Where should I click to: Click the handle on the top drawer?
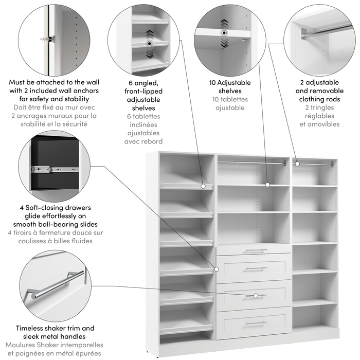[256, 251]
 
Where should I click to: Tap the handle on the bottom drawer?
[256, 323]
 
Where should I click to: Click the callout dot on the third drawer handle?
[256, 296]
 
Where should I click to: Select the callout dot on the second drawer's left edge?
[217, 268]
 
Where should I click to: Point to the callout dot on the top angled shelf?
[203, 185]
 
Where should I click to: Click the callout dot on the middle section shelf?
[267, 184]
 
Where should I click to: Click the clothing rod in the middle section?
[252, 163]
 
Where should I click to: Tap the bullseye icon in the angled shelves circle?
[149, 44]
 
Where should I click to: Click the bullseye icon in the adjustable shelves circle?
[224, 32]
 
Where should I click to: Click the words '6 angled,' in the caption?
[143, 82]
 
